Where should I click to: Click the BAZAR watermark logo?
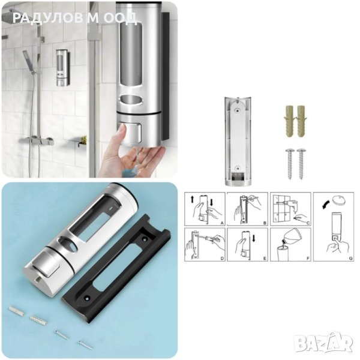[x=323, y=342]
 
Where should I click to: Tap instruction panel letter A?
[x=222, y=223]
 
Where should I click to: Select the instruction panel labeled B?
[x=247, y=209]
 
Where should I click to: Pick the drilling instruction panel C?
[x=290, y=209]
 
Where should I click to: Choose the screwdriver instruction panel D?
[x=205, y=245]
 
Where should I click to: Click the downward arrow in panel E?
[x=254, y=238]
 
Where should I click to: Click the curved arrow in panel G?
[x=326, y=205]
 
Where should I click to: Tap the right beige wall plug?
[x=301, y=121]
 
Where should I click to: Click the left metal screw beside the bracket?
[x=290, y=164]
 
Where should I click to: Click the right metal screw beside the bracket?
[x=301, y=164]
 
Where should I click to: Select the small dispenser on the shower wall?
[x=62, y=68]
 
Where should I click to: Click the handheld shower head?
[x=28, y=61]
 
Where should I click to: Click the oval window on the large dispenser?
[x=131, y=100]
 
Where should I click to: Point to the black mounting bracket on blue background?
[x=116, y=269]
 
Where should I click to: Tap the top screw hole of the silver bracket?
[x=238, y=110]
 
